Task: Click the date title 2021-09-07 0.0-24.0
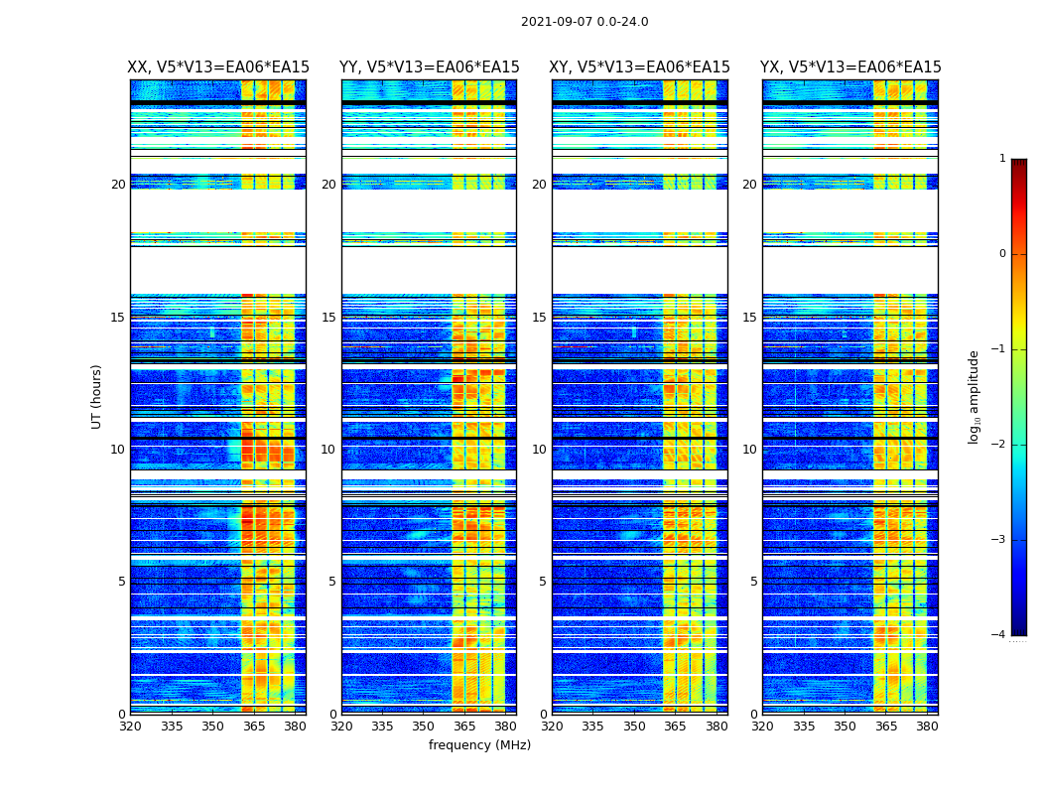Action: point(585,22)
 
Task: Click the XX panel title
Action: point(218,67)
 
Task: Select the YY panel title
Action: point(429,67)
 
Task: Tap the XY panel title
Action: point(640,67)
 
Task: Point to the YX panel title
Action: point(850,67)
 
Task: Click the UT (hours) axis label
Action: point(97,396)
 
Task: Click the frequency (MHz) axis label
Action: point(479,745)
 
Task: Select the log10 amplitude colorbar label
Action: point(975,396)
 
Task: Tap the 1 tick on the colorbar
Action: point(1002,159)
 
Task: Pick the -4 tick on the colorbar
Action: point(999,635)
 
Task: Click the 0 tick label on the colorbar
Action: point(1002,254)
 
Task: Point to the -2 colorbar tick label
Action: point(999,445)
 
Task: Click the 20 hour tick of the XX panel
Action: point(118,185)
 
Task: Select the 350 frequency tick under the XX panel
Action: point(212,727)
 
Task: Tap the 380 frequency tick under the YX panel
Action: point(927,727)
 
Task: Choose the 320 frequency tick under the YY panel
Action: point(341,727)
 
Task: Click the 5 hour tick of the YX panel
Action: point(753,582)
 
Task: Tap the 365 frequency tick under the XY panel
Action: point(675,727)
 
